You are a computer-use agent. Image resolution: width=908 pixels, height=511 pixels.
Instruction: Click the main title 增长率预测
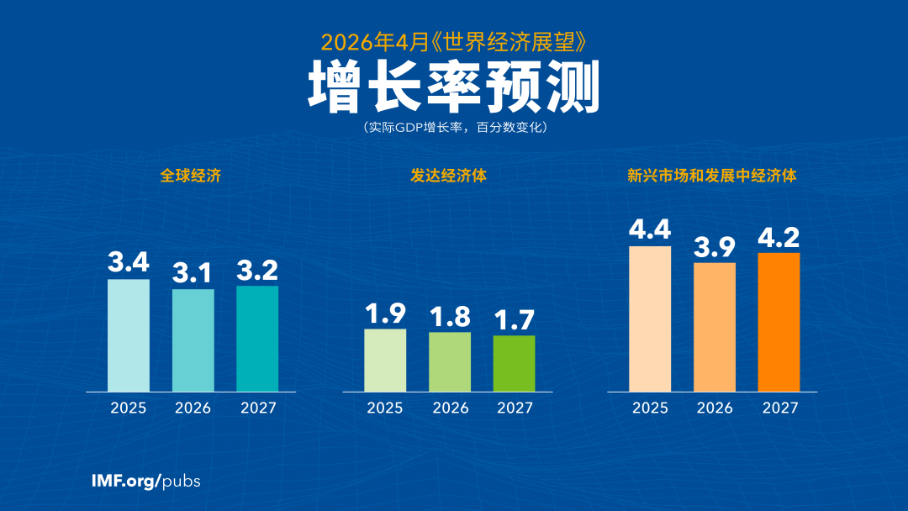[454, 87]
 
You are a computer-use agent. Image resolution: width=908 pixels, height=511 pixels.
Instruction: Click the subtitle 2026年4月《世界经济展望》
[454, 40]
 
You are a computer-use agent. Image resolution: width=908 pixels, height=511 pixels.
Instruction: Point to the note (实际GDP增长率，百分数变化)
[454, 128]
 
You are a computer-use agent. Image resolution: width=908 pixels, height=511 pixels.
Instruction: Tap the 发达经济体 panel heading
[448, 176]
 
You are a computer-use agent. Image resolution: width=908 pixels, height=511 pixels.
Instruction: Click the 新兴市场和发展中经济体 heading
[712, 176]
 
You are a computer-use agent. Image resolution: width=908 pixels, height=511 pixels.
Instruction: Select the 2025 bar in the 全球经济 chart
[129, 335]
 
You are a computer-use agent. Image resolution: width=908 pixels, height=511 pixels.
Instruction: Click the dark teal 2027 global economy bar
[257, 339]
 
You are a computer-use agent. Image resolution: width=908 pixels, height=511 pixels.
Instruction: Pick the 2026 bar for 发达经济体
[450, 362]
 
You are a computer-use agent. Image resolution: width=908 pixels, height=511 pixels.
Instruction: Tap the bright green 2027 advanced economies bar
[514, 364]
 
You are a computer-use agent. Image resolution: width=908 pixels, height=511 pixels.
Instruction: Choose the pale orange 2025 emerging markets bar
[650, 319]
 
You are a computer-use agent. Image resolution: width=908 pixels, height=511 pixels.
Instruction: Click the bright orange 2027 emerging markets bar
[779, 322]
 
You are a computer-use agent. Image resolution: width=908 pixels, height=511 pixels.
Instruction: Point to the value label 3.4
[129, 262]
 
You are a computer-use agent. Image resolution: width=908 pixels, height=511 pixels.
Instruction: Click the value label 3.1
[193, 272]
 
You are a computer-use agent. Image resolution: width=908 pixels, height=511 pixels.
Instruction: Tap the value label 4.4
[650, 229]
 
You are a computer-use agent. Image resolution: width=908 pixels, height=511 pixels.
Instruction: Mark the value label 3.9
[715, 246]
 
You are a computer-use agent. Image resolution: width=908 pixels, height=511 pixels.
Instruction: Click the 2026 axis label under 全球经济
[193, 408]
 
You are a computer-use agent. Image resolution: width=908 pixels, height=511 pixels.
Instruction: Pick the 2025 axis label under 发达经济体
[385, 408]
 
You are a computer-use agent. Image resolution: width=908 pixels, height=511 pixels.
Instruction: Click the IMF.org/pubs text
[145, 482]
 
